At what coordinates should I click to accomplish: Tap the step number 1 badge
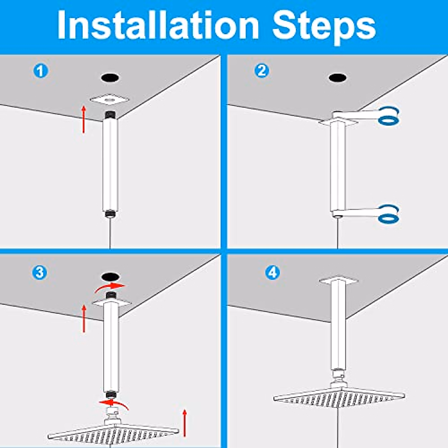41,71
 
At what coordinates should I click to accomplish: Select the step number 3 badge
40,273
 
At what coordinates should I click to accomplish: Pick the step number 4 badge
273,273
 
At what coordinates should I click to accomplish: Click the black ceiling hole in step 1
110,78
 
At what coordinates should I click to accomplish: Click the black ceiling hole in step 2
337,78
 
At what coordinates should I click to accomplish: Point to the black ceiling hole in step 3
110,277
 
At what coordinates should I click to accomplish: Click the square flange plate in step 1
109,100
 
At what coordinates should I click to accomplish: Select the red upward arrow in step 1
84,119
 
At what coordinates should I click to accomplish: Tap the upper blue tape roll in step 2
389,116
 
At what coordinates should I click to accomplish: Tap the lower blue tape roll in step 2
389,214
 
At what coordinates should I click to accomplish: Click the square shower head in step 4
339,396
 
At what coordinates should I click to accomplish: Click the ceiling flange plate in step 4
339,280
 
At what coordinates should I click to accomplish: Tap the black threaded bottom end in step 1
110,213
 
